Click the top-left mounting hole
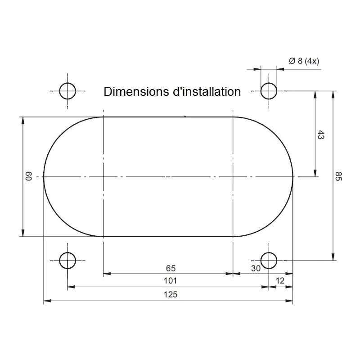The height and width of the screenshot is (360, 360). point(67,91)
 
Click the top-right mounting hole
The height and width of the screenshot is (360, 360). point(269,91)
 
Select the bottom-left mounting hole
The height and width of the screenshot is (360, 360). point(67,260)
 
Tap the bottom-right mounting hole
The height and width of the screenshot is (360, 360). point(269,260)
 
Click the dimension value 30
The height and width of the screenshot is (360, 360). point(256,268)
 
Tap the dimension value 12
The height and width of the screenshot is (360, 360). point(280,281)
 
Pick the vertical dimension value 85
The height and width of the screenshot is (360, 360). point(339,176)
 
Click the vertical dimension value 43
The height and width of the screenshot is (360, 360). point(321,135)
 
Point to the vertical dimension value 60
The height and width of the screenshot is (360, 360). point(28,176)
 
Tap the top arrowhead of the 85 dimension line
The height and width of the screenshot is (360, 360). point(333,94)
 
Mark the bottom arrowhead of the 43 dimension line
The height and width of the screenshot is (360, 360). point(315,173)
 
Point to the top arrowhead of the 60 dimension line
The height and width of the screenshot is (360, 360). point(22,120)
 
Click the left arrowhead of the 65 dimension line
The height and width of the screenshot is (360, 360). point(107,273)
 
